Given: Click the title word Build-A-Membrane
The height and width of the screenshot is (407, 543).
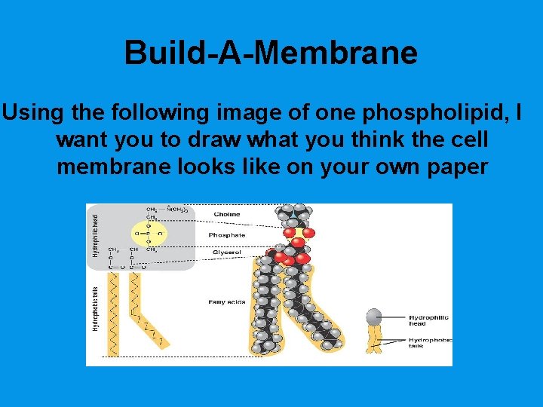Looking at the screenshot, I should [x=271, y=53].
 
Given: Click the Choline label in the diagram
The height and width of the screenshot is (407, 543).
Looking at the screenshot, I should [x=225, y=214].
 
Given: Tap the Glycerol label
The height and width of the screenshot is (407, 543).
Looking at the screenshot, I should [x=225, y=252].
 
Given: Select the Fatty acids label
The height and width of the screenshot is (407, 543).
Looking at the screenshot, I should [x=227, y=302].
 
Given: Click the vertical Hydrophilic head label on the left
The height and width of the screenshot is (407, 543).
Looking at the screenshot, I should [x=96, y=234].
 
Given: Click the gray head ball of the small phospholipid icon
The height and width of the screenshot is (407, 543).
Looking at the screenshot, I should [x=375, y=317].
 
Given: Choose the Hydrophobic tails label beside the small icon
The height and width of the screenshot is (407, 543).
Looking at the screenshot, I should [x=430, y=342].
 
